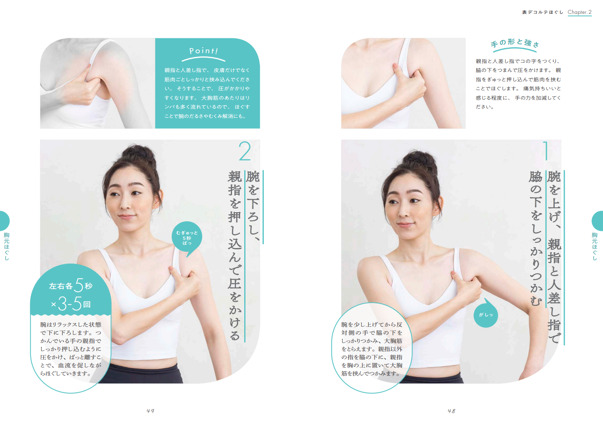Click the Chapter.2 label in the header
(x=579, y=12)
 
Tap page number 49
(x=150, y=411)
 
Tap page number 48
(x=451, y=411)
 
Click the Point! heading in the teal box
(x=203, y=51)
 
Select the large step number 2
(x=245, y=151)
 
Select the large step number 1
(x=546, y=151)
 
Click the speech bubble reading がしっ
(x=486, y=314)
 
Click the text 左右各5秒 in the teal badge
(x=71, y=285)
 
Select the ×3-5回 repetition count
(x=71, y=304)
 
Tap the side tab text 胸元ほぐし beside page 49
(x=7, y=246)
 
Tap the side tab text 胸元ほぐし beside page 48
(x=595, y=246)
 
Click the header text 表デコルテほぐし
(x=542, y=12)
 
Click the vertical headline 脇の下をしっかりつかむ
(x=536, y=238)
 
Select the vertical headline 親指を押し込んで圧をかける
(x=235, y=255)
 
